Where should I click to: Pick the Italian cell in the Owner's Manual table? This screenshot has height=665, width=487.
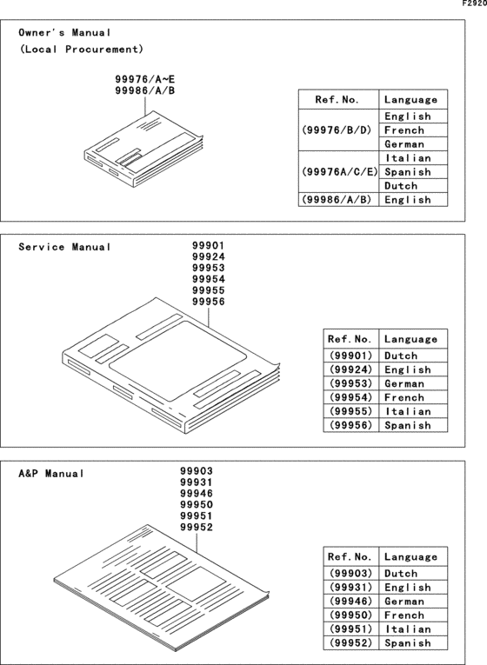tap(407, 158)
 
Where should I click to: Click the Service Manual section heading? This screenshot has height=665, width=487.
tap(65, 247)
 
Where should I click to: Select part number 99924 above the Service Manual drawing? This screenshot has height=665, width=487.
tap(208, 257)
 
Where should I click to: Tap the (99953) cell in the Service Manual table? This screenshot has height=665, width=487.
tap(350, 383)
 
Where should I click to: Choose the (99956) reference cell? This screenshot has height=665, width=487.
tap(350, 425)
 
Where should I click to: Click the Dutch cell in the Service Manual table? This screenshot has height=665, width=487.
tap(400, 356)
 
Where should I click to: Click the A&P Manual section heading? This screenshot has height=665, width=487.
tap(51, 474)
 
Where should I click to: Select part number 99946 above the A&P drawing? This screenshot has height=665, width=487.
tap(196, 493)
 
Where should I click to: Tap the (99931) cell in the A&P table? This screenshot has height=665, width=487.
tap(350, 587)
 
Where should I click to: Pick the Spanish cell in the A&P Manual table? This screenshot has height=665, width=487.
tap(407, 642)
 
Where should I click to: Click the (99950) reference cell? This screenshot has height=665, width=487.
tap(350, 615)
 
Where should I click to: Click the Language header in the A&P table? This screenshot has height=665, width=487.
tap(410, 556)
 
